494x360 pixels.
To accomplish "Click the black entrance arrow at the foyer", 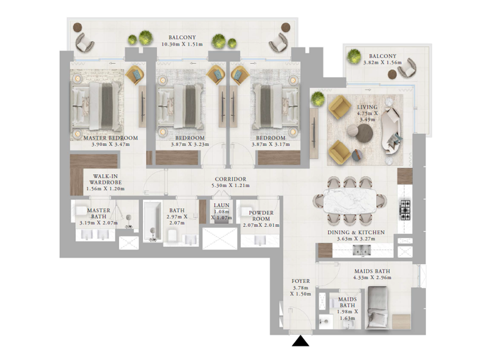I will pos(300,341).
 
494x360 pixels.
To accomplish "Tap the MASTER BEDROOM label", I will pos(110,138).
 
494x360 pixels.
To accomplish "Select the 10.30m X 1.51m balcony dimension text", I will pos(182,45).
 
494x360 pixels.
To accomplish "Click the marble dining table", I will pos(352,201).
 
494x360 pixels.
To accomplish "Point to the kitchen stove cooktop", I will pos(405,207).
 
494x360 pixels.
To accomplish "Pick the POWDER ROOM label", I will pos(261,216).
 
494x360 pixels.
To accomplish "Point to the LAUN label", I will pos(221,206).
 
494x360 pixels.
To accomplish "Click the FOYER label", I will pos(300,281).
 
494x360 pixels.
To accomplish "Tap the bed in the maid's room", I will pos(380,308).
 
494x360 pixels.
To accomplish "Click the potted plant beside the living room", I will pos(318,98).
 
